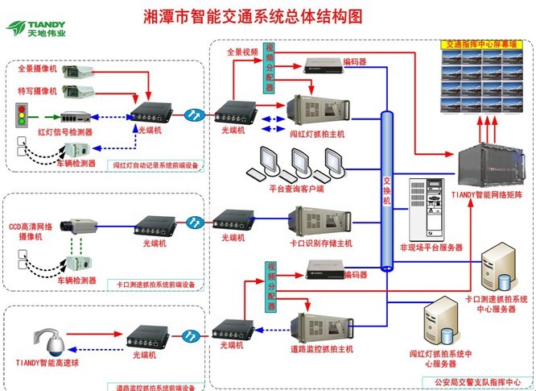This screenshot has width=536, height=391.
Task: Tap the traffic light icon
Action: coord(22,112)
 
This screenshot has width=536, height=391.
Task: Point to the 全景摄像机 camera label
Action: coord(38,69)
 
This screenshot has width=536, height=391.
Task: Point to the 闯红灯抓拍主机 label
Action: coord(318,134)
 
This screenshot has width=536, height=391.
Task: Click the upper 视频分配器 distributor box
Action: coord(270,70)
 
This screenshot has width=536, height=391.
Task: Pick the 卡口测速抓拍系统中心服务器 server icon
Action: coord(499,273)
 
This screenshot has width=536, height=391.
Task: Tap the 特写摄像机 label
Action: coord(38,92)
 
